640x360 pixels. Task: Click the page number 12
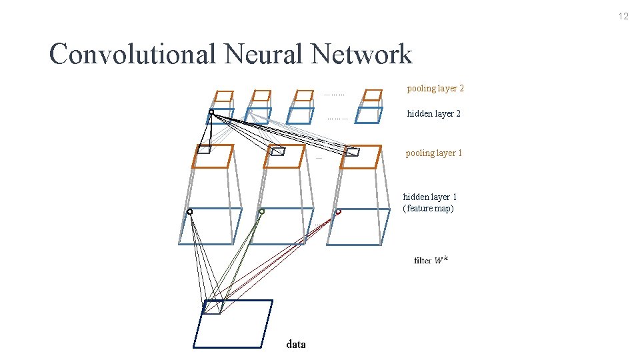pos(623,17)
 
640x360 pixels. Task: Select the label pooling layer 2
pos(435,89)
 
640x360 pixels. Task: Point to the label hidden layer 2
pos(433,114)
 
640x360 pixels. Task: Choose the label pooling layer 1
pos(433,153)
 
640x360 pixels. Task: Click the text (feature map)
pos(428,209)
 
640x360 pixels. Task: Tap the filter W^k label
pos(431,260)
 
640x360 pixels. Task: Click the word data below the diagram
pos(296,345)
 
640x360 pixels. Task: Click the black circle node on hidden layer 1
pos(190,212)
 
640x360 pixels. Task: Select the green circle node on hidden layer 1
pos(261,211)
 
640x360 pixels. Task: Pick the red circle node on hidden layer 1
pos(338,212)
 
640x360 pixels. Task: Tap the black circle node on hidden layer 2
pos(211,113)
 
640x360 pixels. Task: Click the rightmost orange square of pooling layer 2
pos(371,95)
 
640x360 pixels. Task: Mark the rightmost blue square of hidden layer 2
pos(369,115)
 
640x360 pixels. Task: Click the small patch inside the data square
pos(212,307)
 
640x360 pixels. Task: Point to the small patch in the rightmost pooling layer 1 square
pos(353,152)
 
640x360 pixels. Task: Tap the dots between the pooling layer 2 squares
pos(334,95)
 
